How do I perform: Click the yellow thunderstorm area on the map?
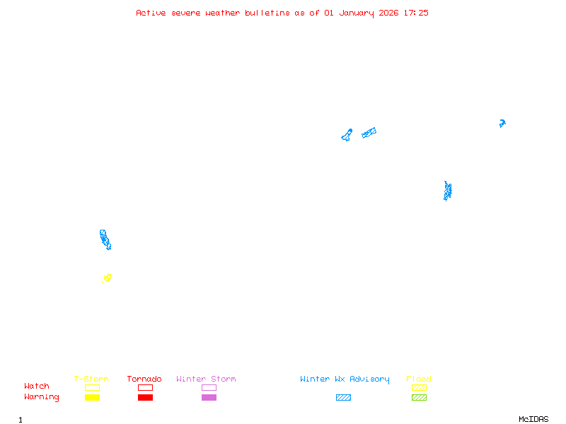pos(108,278)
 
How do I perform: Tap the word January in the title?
pos(354,13)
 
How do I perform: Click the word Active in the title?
pos(151,13)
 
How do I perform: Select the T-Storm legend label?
pos(91,379)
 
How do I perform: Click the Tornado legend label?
pos(144,379)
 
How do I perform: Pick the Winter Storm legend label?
pos(206,379)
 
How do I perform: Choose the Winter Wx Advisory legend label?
pos(345,379)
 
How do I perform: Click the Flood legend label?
pos(419,379)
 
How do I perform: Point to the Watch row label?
pos(37,387)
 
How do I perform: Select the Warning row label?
pos(42,397)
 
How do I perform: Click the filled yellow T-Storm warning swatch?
pos(92,398)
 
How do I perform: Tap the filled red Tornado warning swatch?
pos(145,398)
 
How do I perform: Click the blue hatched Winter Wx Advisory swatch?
pos(343,398)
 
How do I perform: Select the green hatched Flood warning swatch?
pos(419,398)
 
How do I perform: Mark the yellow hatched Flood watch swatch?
pos(419,387)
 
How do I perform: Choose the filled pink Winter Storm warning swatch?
pos(209,398)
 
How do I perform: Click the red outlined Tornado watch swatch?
pos(145,387)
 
